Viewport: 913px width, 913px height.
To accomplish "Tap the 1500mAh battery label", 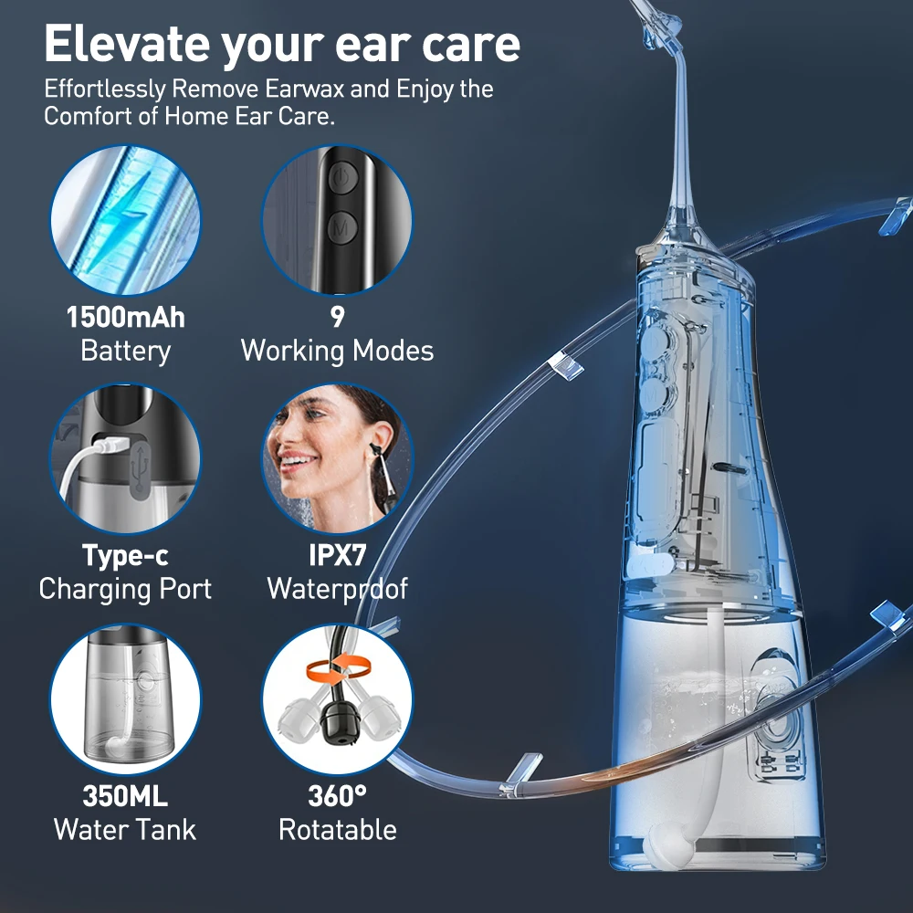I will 125,318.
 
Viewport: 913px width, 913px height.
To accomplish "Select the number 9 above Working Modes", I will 337,318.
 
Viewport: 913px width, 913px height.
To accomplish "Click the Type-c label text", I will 125,555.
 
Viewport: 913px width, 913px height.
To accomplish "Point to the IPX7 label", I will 337,555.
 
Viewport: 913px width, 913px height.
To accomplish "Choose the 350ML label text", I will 125,795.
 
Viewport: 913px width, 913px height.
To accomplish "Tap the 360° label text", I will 337,795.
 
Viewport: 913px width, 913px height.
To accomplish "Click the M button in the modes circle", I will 342,226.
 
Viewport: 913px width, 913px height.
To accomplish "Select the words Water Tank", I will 125,829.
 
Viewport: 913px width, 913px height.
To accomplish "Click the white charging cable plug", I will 103,447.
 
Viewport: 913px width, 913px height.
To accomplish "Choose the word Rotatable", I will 337,829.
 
